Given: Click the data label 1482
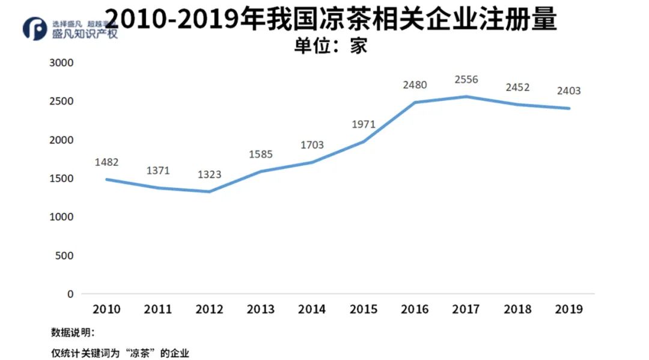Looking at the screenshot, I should click(106, 162).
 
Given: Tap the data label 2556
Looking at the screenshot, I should click(466, 79).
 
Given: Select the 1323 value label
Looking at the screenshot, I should click(209, 174).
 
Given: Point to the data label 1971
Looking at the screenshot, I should click(364, 124).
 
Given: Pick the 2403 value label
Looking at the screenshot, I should click(569, 91).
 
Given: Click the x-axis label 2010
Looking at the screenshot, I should click(106, 309).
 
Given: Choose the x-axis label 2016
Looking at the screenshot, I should click(415, 309).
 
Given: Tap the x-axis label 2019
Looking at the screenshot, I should click(569, 309).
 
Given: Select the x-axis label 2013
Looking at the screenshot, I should click(261, 309).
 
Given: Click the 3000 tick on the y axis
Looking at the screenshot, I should click(61, 63).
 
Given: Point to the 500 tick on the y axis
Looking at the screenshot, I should click(65, 255).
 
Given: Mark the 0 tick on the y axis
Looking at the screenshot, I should click(70, 294).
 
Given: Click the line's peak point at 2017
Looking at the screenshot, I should click(466, 97).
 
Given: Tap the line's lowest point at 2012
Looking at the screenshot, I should click(209, 192).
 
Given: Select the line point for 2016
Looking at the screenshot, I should click(415, 103).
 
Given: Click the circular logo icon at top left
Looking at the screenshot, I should click(34, 29).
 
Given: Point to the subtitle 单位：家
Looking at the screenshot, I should click(330, 46).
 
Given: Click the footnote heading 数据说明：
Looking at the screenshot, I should click(73, 332).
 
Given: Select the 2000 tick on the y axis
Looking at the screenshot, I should click(61, 139).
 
